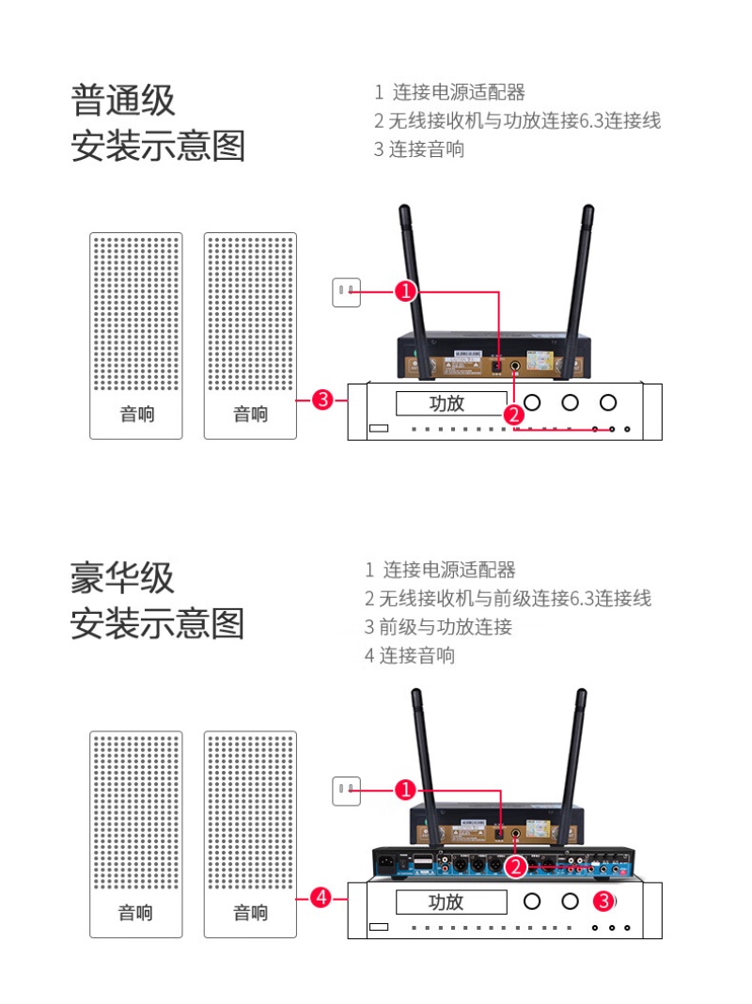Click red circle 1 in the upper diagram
click(x=405, y=291)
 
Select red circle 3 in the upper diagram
click(x=321, y=400)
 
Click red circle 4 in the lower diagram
click(x=321, y=899)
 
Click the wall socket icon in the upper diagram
click(x=347, y=292)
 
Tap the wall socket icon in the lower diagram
click(x=347, y=791)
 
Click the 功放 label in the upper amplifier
click(x=446, y=404)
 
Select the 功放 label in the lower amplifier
click(x=446, y=902)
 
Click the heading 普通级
click(x=123, y=101)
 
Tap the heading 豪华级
click(x=123, y=577)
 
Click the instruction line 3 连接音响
click(x=419, y=149)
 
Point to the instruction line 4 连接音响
click(x=410, y=655)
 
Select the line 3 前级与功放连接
click(x=438, y=627)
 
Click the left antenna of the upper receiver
click(x=415, y=282)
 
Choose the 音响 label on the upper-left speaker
click(x=137, y=415)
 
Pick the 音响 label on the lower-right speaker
click(x=250, y=913)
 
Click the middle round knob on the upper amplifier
click(x=570, y=403)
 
